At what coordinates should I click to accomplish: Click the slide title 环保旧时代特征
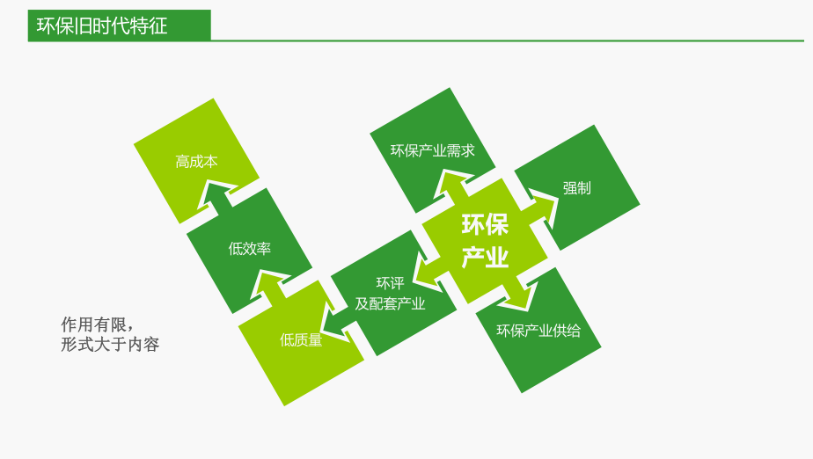pyautogui.click(x=102, y=25)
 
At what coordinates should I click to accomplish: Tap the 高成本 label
pyautogui.click(x=196, y=162)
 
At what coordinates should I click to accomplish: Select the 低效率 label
pyautogui.click(x=249, y=249)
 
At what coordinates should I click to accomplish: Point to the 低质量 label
pyautogui.click(x=301, y=340)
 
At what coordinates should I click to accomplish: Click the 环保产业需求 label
pyautogui.click(x=432, y=150)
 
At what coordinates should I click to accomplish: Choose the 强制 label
pyautogui.click(x=576, y=188)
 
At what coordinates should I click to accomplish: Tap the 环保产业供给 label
pyautogui.click(x=538, y=331)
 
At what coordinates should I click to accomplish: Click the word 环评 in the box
pyautogui.click(x=390, y=283)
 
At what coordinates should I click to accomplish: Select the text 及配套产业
pyautogui.click(x=390, y=304)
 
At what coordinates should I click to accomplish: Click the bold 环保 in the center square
pyautogui.click(x=485, y=225)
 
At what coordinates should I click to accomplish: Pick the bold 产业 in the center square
pyautogui.click(x=485, y=258)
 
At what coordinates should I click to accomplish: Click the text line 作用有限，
pyautogui.click(x=96, y=323)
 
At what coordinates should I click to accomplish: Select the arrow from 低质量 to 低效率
pyautogui.click(x=269, y=283)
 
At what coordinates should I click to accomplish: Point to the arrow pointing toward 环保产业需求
pyautogui.click(x=452, y=186)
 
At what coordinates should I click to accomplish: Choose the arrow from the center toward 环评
pyautogui.click(x=428, y=273)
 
